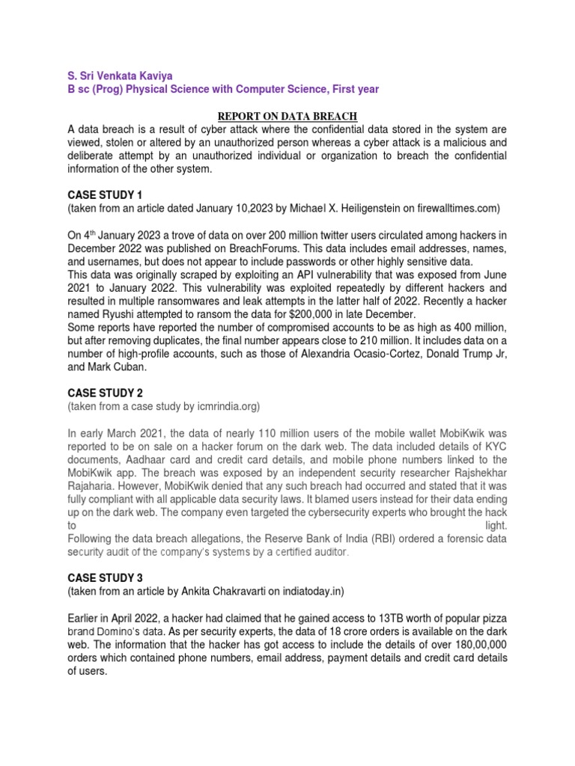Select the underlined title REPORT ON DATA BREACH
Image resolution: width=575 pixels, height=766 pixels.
287,115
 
